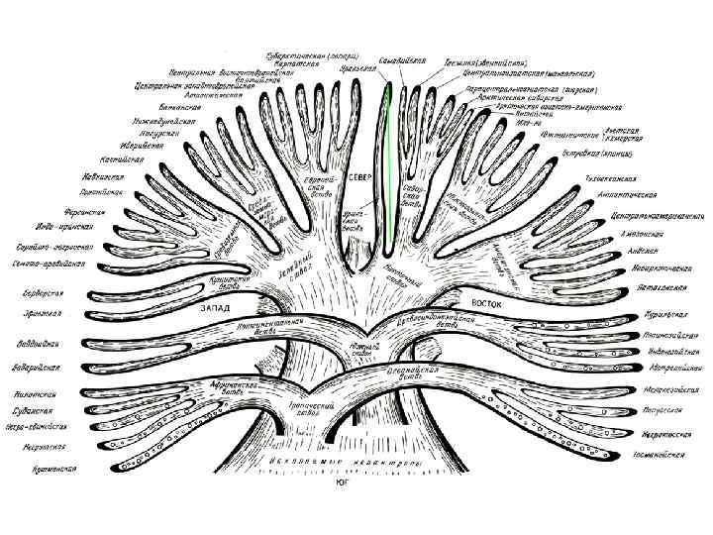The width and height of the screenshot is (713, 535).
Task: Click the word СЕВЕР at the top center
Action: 359,176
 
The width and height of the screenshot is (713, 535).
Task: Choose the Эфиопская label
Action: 42,314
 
